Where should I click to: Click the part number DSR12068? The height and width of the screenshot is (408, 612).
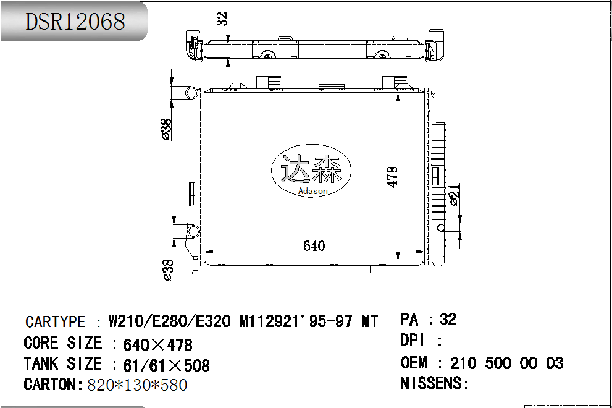75,22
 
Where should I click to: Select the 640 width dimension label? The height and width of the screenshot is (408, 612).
314,245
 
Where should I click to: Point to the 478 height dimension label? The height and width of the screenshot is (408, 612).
392,177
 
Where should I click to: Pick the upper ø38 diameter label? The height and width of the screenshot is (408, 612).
166,129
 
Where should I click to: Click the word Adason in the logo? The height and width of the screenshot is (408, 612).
312,191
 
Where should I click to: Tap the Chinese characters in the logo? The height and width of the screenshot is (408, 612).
311,169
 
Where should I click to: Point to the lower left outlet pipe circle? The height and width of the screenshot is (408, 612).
193,232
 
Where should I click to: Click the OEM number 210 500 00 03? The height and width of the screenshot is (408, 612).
506,363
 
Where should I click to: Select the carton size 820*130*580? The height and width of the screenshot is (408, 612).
137,385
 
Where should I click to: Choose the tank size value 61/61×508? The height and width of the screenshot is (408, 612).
166,365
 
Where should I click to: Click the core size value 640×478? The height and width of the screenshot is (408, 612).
158,344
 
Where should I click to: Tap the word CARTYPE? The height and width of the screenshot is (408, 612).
55,322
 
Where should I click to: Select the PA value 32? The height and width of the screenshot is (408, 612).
448,319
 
